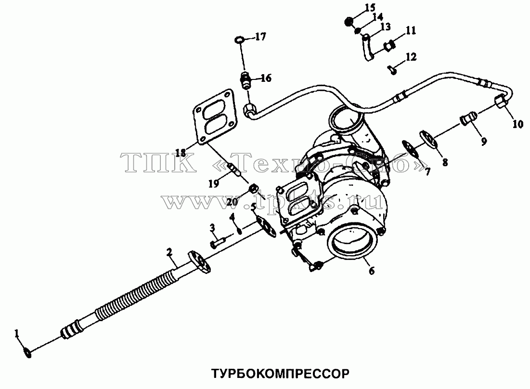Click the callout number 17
[x=260, y=37]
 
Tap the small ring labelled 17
[x=239, y=40]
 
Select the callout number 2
[x=169, y=252]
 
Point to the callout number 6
[x=372, y=271]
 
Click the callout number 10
[x=517, y=124]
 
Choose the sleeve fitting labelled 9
[x=468, y=118]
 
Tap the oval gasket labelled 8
[x=429, y=140]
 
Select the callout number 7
[x=427, y=172]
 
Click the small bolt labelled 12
[x=392, y=70]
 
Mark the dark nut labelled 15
[x=349, y=22]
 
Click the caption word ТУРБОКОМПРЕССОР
[x=280, y=374]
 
